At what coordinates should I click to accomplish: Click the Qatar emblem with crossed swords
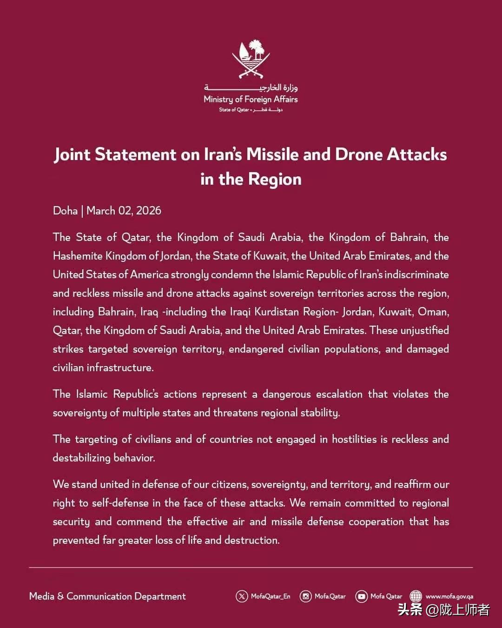[x=251, y=60]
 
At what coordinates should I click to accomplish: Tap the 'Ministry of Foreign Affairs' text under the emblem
[x=251, y=99]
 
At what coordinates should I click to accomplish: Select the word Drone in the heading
[x=358, y=154]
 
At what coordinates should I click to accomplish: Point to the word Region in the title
[x=275, y=179]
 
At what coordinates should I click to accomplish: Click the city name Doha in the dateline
[x=65, y=211]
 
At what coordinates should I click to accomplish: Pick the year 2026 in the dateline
[x=149, y=211]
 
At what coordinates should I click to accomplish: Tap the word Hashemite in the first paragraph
[x=77, y=256]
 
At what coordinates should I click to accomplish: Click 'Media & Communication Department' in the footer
[x=107, y=596]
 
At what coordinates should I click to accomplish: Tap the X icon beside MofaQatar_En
[x=242, y=596]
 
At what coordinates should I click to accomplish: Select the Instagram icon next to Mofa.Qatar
[x=305, y=596]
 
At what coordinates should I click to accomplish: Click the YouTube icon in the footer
[x=361, y=596]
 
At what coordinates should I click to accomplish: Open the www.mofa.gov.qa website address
[x=449, y=596]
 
